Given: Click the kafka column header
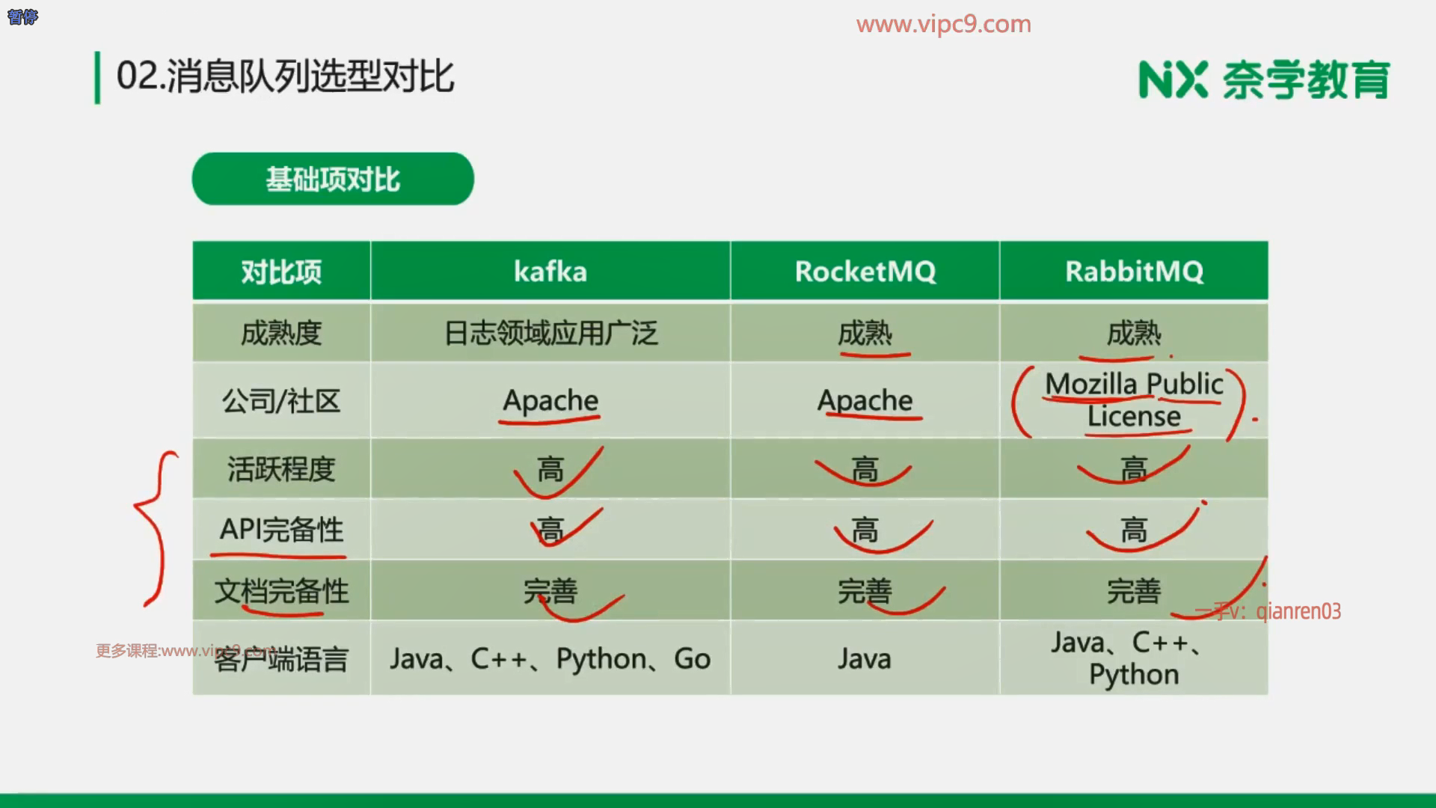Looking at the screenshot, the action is pos(550,271).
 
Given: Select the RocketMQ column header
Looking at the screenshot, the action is pos(865,271).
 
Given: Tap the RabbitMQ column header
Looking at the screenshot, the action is pos(1134,271).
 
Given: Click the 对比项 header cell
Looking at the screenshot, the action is pos(281,271).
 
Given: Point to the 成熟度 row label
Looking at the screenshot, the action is pos(281,333).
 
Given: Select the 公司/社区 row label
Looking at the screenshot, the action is pos(281,401).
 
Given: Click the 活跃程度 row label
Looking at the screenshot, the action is pos(281,469).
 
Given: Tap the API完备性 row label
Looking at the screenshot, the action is pos(281,530).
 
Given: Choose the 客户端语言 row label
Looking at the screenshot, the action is pos(281,659).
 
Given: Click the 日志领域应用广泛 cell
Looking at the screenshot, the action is pos(550,333).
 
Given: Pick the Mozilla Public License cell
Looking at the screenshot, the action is pos(1134,400).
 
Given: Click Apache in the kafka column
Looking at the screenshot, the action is pos(550,400).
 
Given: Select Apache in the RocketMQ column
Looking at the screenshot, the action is pos(865,400).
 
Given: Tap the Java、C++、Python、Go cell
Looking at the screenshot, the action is pos(550,658).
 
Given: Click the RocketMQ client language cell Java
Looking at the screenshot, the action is pos(865,658).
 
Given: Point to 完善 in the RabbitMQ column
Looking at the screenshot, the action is pos(1134,591).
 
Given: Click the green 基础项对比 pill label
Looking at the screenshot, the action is pos(333,179).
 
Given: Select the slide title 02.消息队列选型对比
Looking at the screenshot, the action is pos(285,76).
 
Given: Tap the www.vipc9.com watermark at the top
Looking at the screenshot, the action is pos(944,24).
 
